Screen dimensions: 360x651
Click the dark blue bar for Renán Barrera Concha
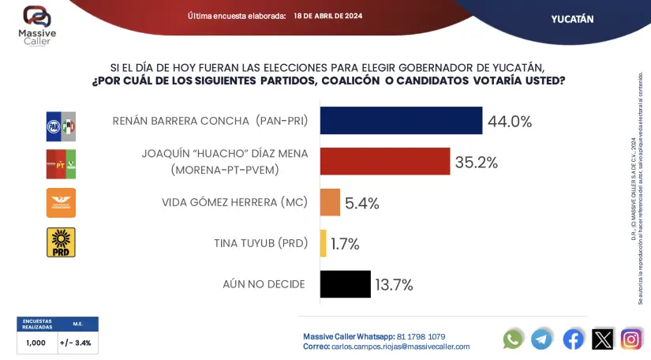click(x=401, y=121)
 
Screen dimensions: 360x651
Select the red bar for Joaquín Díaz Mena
click(x=385, y=162)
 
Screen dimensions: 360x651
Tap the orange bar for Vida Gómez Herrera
click(x=330, y=203)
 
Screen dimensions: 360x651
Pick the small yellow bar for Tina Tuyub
click(x=324, y=243)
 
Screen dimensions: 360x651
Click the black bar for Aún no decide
click(x=346, y=284)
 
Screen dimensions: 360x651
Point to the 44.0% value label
click(x=510, y=122)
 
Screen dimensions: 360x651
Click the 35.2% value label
click(x=477, y=163)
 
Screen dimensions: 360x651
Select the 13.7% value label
click(x=394, y=285)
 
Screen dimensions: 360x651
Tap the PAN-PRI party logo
click(x=61, y=126)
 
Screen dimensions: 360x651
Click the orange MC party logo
click(x=61, y=203)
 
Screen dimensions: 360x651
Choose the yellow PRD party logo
click(x=61, y=242)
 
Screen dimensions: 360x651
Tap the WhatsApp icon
click(x=513, y=339)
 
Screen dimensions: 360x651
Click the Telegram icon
click(x=542, y=339)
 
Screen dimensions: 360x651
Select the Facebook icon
click(x=573, y=339)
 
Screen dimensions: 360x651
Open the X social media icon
click(x=603, y=339)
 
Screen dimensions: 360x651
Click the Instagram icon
click(x=631, y=339)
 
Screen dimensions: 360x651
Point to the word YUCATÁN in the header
click(x=572, y=19)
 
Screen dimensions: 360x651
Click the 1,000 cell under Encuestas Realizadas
click(x=36, y=343)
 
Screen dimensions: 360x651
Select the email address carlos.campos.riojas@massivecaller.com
click(x=400, y=347)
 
